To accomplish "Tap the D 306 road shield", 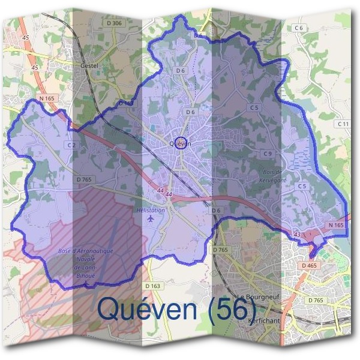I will tap(114, 23).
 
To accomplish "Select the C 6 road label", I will tap(299, 28).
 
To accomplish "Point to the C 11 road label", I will tap(343, 124).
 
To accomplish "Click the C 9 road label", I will tap(268, 154).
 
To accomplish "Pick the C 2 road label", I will tap(71, 145).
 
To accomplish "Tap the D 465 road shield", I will tap(310, 265).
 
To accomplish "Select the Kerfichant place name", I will tap(262, 321).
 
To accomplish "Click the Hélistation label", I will tap(150, 211).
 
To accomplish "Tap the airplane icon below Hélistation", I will tap(150, 220).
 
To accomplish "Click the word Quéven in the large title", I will tap(148, 308).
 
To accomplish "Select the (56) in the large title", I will tap(233, 308).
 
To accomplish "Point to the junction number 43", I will tap(297, 233).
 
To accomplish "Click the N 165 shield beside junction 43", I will tap(335, 225).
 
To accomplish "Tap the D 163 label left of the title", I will tap(152, 286).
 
